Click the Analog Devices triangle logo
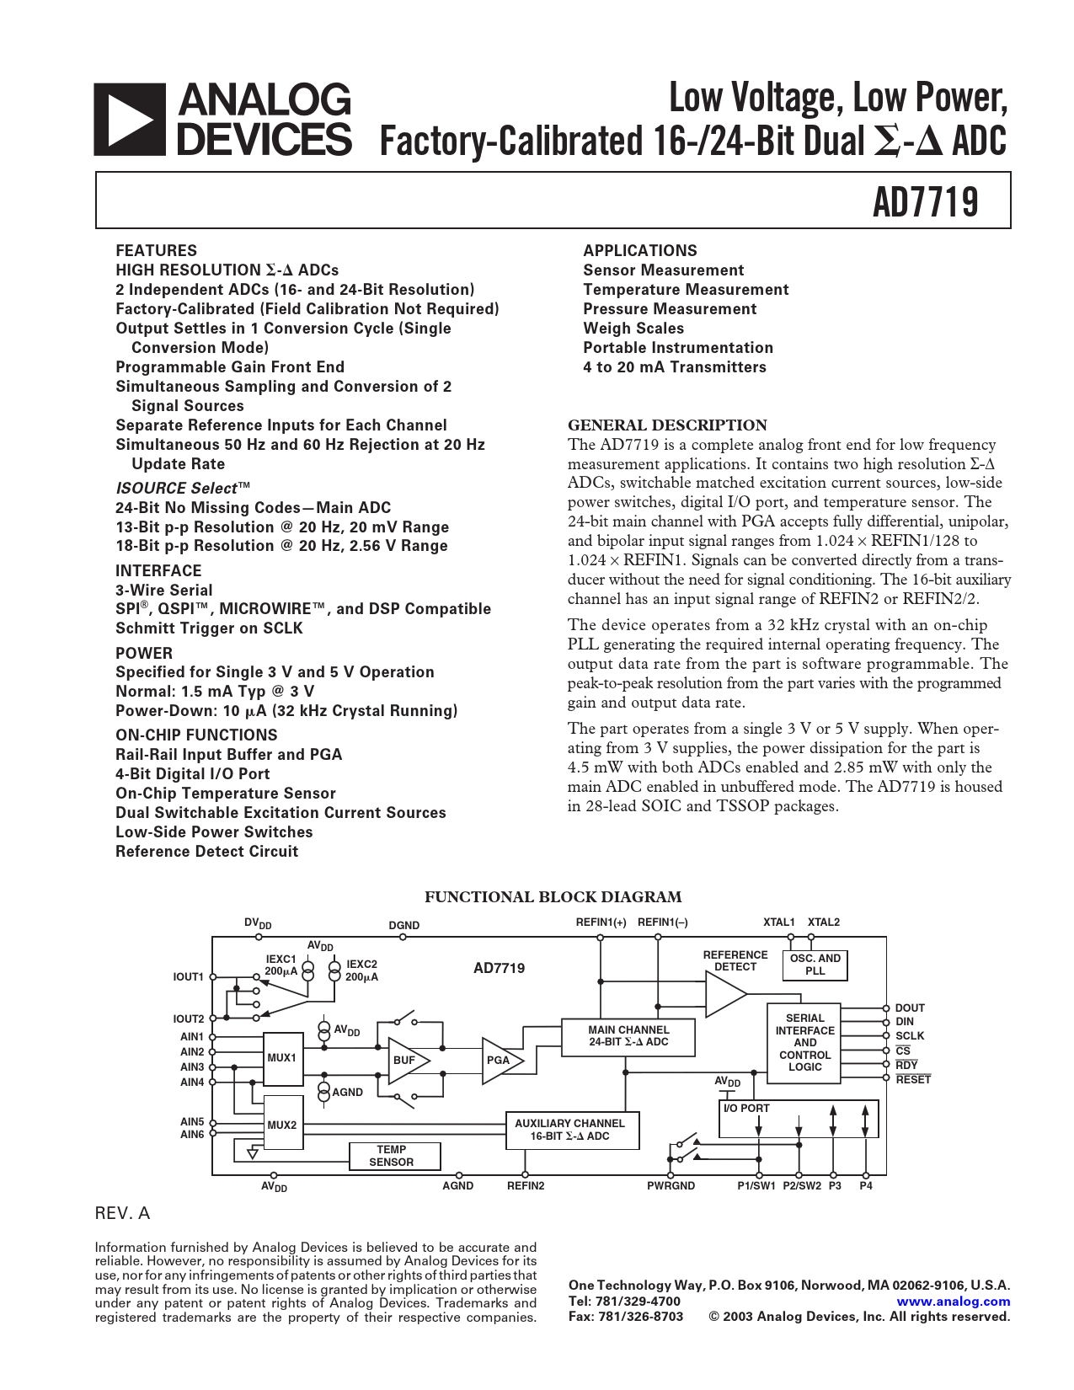129,119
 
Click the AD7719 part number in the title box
925,202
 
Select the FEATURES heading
156,250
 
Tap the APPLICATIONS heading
639,250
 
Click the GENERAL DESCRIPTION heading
667,425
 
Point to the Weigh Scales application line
633,329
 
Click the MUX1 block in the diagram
283,1058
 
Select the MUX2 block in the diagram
283,1125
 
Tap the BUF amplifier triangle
406,1060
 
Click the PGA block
500,1060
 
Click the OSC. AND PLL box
815,965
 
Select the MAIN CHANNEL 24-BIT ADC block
628,1036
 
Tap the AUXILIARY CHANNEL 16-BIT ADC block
570,1130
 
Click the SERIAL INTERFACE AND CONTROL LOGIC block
804,1043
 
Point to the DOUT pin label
910,1008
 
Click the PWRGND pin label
671,1186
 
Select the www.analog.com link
954,1301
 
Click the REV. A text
122,1213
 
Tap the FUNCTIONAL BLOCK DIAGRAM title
553,897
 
